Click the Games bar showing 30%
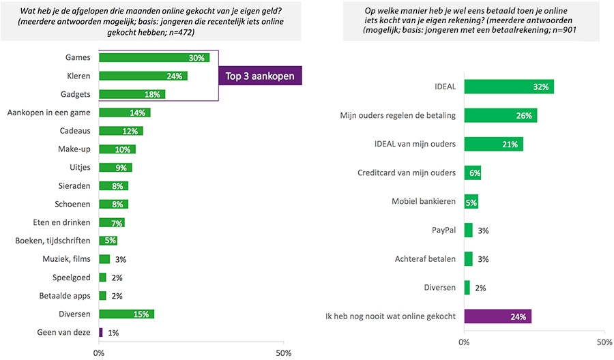tap(154, 59)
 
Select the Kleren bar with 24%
tap(143, 76)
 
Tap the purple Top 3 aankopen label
tap(260, 76)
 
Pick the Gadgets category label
tap(77, 94)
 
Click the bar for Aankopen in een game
tap(124, 112)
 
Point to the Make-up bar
tap(117, 149)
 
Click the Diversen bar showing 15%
tap(126, 314)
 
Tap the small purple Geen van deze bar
tap(101, 332)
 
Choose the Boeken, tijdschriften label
tap(54, 241)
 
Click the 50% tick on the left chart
tap(282, 352)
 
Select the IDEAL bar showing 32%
tap(509, 87)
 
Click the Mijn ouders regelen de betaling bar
tap(501, 115)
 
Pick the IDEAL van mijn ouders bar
tap(493, 144)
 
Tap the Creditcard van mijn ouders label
tap(407, 172)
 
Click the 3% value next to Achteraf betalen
tap(483, 259)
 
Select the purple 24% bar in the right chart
tap(497, 316)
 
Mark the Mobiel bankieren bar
tap(471, 202)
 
